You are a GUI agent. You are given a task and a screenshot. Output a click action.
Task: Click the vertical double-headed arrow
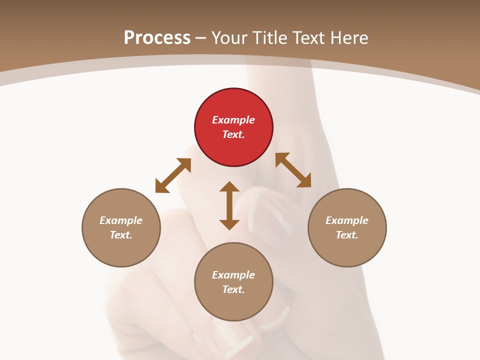[x=229, y=205]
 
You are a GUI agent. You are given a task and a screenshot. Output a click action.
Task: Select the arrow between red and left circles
[x=173, y=175]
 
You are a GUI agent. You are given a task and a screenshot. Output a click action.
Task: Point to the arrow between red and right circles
[x=293, y=170]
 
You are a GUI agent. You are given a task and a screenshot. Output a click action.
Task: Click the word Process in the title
[x=157, y=37]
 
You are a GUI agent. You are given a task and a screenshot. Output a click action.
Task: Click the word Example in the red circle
[x=233, y=120]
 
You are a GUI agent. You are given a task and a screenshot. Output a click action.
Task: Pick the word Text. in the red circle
[x=233, y=134]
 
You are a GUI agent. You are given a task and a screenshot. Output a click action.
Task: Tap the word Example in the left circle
[x=121, y=220]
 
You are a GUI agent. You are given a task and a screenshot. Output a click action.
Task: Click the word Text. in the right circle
[x=347, y=235]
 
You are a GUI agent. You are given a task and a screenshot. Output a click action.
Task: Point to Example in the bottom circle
[x=233, y=275]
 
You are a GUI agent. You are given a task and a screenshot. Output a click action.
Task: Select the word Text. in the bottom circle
[x=233, y=289]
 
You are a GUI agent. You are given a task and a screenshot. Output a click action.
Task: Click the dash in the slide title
[x=201, y=38]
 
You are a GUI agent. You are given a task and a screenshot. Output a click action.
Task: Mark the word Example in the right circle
[x=347, y=220]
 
